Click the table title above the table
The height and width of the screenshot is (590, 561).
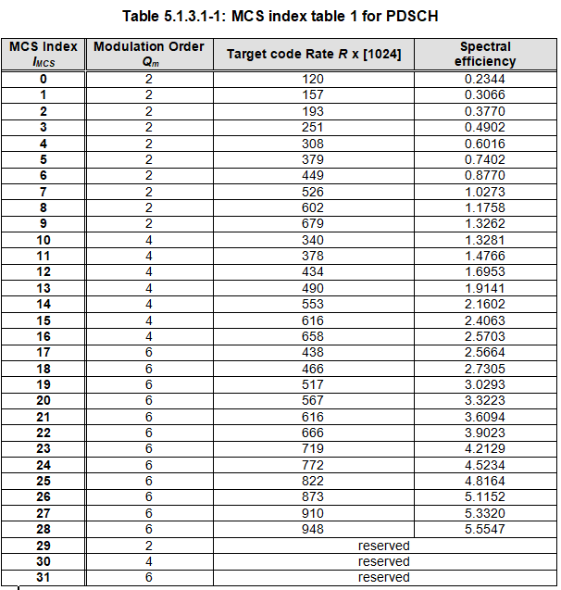click(281, 15)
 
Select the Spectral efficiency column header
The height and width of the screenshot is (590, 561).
click(485, 54)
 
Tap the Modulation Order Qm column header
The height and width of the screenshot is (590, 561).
click(148, 54)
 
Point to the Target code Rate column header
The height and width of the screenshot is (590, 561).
click(314, 54)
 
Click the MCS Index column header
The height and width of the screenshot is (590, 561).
click(43, 54)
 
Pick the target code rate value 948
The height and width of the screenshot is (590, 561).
click(314, 529)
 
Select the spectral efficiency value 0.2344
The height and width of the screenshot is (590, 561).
click(485, 79)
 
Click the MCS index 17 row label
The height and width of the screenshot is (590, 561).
click(43, 351)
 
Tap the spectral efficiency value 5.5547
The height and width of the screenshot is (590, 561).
click(485, 529)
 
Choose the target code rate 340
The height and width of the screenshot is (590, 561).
click(314, 239)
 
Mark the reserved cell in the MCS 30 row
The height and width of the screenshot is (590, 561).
click(383, 561)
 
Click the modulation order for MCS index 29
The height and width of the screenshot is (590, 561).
click(148, 546)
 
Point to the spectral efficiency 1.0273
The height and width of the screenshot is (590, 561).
click(485, 192)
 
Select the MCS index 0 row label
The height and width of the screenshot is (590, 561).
click(43, 79)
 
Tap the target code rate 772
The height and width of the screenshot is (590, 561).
click(314, 465)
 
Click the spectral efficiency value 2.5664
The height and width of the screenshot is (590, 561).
click(485, 351)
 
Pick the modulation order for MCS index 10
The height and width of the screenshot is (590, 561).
click(148, 239)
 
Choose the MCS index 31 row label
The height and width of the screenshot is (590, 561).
click(43, 577)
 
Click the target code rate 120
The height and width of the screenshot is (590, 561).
click(314, 79)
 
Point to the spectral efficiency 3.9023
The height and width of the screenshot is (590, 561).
click(485, 433)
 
